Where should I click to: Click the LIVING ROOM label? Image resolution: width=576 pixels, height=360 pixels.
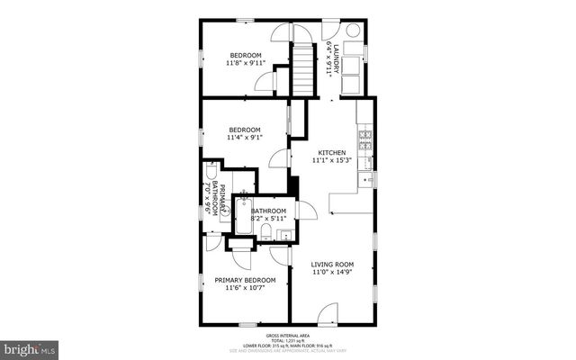tap(329, 264)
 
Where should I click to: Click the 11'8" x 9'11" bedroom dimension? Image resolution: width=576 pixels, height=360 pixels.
tap(245, 63)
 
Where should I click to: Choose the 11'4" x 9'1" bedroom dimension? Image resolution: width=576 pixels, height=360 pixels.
tap(245, 138)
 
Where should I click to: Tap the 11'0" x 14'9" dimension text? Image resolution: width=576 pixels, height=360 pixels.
tap(329, 272)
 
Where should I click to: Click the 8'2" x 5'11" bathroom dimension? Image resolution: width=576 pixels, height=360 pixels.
tap(268, 219)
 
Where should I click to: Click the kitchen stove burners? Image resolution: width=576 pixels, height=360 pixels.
tap(365, 139)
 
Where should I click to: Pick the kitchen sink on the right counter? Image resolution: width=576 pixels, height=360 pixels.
tap(367, 179)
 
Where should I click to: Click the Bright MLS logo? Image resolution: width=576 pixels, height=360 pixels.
tap(30, 347)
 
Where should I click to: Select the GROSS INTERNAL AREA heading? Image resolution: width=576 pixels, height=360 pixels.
tap(288, 333)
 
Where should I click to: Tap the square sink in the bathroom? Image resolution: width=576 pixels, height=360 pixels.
tap(284, 236)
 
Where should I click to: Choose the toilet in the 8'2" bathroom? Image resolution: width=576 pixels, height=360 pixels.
tap(267, 233)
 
